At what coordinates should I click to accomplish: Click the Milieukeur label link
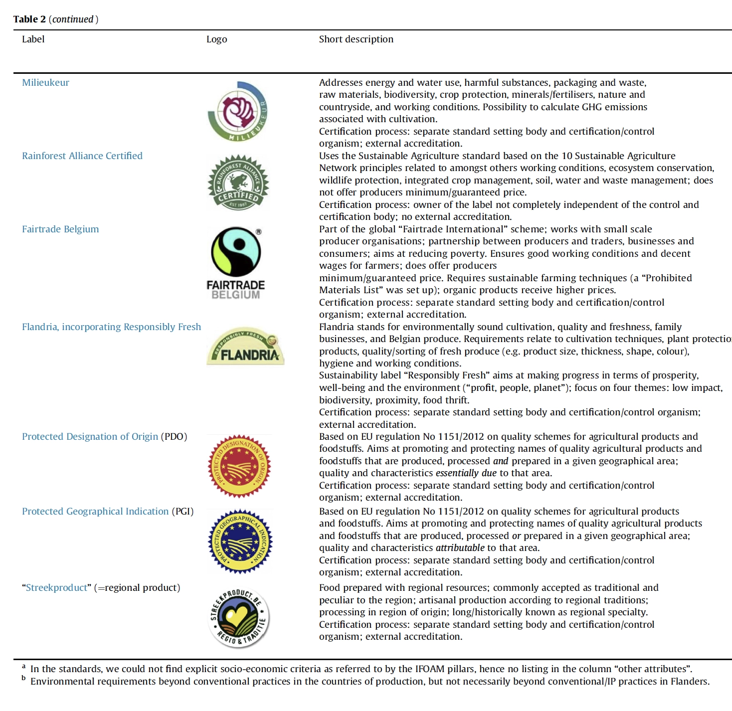[x=45, y=83]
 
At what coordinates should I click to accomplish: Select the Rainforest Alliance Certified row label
[x=82, y=156]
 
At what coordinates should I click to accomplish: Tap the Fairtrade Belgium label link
[x=60, y=229]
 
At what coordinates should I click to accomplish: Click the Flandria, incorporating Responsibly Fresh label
[x=111, y=327]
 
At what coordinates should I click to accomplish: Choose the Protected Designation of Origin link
[x=90, y=437]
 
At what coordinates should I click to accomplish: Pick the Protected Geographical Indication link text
[x=95, y=512]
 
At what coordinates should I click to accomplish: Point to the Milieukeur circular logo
[x=238, y=111]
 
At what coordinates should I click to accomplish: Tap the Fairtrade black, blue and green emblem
[x=236, y=252]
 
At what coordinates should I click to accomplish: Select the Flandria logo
[x=245, y=347]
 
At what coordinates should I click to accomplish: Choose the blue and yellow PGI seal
[x=239, y=541]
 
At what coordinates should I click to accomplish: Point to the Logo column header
[x=216, y=39]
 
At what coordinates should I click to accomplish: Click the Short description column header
[x=356, y=39]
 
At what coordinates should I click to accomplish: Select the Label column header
[x=33, y=39]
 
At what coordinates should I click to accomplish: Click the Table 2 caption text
[x=55, y=19]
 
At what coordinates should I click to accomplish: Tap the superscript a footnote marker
[x=23, y=666]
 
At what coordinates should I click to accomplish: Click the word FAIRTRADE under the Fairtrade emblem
[x=235, y=285]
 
